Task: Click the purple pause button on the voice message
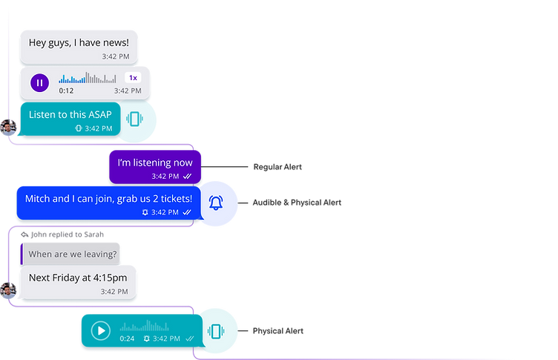(x=39, y=82)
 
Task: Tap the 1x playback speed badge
(x=133, y=78)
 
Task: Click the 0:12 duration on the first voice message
(x=66, y=91)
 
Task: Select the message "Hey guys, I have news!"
(x=79, y=42)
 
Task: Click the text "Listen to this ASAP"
(x=70, y=114)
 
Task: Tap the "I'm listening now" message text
(x=155, y=163)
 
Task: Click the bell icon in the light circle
(x=216, y=202)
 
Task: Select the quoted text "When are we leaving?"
(x=72, y=255)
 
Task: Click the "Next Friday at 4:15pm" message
(x=78, y=278)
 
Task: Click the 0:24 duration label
(x=128, y=338)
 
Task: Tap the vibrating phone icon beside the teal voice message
(x=215, y=332)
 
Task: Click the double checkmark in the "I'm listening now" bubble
(x=188, y=177)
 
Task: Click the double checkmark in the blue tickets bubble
(x=188, y=212)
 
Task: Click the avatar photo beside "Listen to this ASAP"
(x=7, y=128)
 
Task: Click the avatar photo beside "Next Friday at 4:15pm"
(x=7, y=290)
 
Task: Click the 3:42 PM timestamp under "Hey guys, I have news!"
(x=115, y=56)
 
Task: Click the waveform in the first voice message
(x=88, y=78)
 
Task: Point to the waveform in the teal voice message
(x=145, y=326)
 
